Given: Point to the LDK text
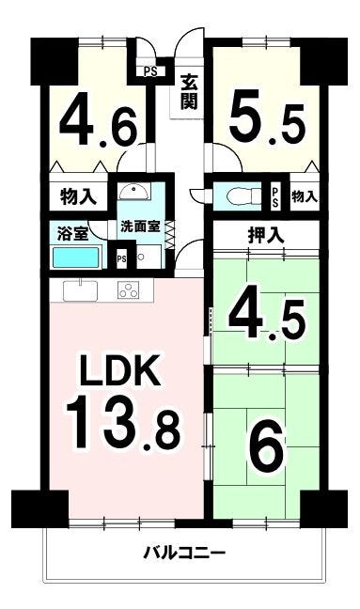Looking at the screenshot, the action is (120, 369).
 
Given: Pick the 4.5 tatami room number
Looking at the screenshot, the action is (266, 313).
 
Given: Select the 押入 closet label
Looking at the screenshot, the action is (266, 235).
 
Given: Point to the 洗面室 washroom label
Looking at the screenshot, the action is (140, 226).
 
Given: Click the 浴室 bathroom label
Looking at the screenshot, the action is (72, 234).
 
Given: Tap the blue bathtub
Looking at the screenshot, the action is (76, 258).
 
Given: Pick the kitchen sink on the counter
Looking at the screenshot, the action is (81, 290).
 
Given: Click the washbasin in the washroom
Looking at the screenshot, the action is (134, 192).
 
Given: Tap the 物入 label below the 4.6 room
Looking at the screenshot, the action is (78, 197).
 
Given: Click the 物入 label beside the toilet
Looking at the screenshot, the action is (305, 197).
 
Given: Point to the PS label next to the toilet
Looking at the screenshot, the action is (275, 197).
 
